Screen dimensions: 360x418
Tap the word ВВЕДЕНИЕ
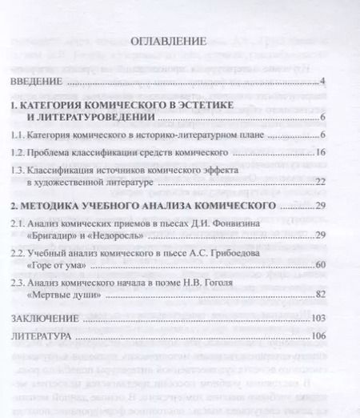click(x=35, y=82)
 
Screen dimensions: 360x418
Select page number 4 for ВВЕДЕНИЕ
click(x=320, y=82)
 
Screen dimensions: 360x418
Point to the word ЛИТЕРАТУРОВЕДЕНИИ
click(x=94, y=118)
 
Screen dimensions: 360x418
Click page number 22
click(x=318, y=183)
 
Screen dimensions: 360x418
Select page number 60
click(x=318, y=267)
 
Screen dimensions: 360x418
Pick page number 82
click(x=318, y=296)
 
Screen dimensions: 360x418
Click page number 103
click(x=317, y=319)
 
